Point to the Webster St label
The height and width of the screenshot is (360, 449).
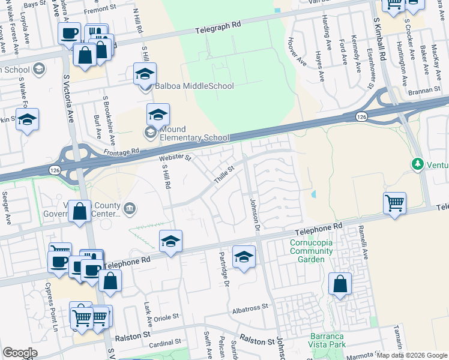click(175, 158)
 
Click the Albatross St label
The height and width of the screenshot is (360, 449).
click(250, 307)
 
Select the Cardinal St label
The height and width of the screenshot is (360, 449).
click(165, 343)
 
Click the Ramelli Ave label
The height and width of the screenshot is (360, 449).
click(363, 241)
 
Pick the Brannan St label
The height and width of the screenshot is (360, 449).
click(429, 88)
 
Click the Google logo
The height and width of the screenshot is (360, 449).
click(20, 353)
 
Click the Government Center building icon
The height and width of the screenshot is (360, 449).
click(130, 209)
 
